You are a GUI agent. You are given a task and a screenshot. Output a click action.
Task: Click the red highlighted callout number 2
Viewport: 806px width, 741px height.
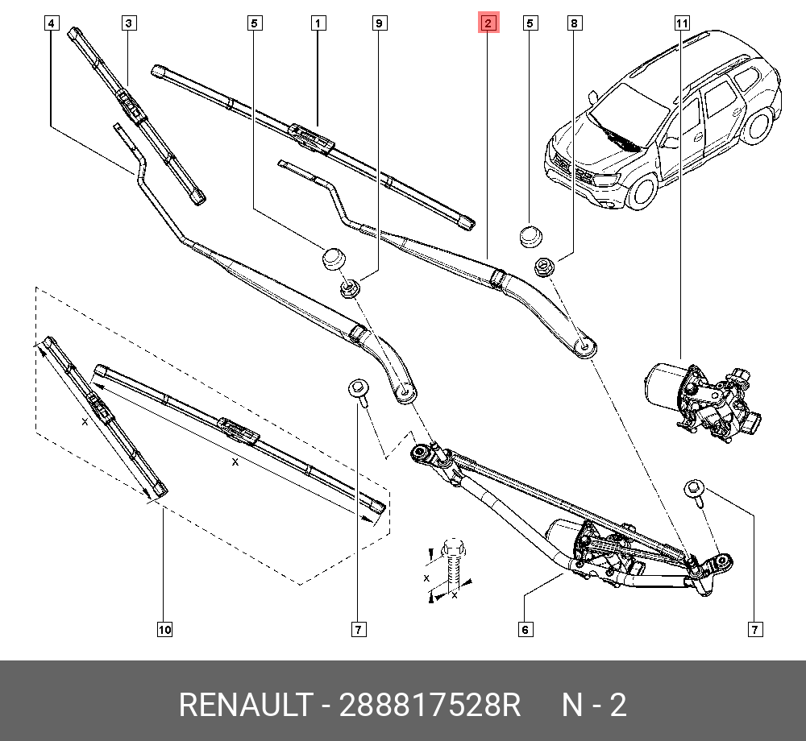click(x=488, y=23)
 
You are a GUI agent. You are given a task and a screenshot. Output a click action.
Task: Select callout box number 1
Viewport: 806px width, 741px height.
click(x=319, y=23)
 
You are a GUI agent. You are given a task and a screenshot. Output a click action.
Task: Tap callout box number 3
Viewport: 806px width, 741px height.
click(x=128, y=23)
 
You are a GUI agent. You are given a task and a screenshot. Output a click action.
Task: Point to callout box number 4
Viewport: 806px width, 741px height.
click(x=52, y=23)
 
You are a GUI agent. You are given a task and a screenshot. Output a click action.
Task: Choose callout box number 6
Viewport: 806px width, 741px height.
click(x=525, y=629)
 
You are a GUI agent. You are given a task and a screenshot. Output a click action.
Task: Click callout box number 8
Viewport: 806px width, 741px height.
click(x=574, y=23)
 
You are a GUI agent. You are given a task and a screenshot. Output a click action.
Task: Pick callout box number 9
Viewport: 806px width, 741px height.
click(x=379, y=23)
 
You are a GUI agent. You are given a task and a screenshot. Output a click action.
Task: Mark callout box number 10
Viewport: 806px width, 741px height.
click(x=164, y=629)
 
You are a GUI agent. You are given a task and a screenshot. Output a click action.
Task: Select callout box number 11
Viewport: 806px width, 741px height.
click(x=682, y=23)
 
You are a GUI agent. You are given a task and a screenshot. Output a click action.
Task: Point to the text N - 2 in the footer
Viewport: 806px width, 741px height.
click(x=594, y=706)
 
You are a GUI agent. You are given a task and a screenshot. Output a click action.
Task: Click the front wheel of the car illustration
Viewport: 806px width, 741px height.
click(x=644, y=188)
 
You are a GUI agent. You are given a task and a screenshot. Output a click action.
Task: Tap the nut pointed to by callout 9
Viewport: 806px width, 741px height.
click(x=350, y=288)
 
